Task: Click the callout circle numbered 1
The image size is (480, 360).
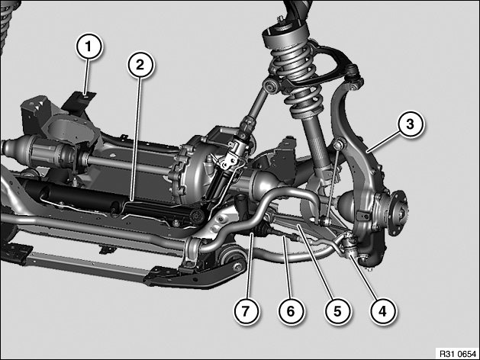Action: click(x=89, y=47)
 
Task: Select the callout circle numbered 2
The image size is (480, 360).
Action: click(x=140, y=65)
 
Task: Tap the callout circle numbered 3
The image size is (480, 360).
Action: click(x=410, y=124)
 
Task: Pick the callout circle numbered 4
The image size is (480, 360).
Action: click(x=382, y=311)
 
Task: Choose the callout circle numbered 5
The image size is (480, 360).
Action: click(x=337, y=311)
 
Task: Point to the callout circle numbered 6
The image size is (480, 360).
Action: click(x=291, y=311)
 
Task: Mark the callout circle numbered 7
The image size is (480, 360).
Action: click(x=246, y=311)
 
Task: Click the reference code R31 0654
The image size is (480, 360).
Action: click(x=458, y=354)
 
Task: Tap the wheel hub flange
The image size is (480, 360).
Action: click(x=398, y=213)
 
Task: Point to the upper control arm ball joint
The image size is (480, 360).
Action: click(x=353, y=73)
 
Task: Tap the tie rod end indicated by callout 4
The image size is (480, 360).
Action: click(x=350, y=243)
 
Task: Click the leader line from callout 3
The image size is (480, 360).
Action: click(x=384, y=140)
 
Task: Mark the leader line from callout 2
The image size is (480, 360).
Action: click(x=136, y=139)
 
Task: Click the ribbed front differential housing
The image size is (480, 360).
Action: click(x=196, y=172)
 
